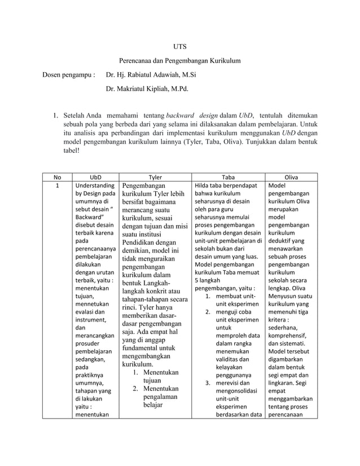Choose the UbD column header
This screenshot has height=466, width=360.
[94, 177]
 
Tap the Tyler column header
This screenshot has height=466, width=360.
[155, 177]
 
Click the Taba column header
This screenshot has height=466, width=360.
[229, 177]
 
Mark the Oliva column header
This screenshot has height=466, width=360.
[291, 177]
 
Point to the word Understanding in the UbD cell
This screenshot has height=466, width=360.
[94, 185]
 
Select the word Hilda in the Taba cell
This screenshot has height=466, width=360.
[203, 185]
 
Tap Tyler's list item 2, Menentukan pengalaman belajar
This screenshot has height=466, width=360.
[156, 398]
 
